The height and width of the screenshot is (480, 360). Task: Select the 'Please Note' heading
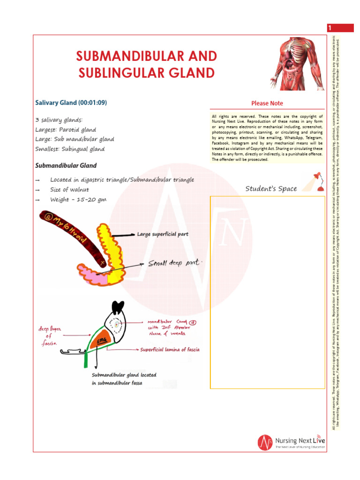[267, 103]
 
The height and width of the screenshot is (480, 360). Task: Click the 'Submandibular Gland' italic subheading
[66, 165]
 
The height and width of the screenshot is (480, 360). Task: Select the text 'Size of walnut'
[69, 190]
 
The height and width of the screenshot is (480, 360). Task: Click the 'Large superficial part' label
[162, 233]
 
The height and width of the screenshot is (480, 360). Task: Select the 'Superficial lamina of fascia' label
[170, 350]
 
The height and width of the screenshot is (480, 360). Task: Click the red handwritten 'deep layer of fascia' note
[50, 336]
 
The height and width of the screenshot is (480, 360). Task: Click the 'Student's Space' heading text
[271, 188]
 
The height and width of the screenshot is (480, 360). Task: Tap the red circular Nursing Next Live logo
[265, 442]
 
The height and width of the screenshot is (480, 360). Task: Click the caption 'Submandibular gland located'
[124, 375]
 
